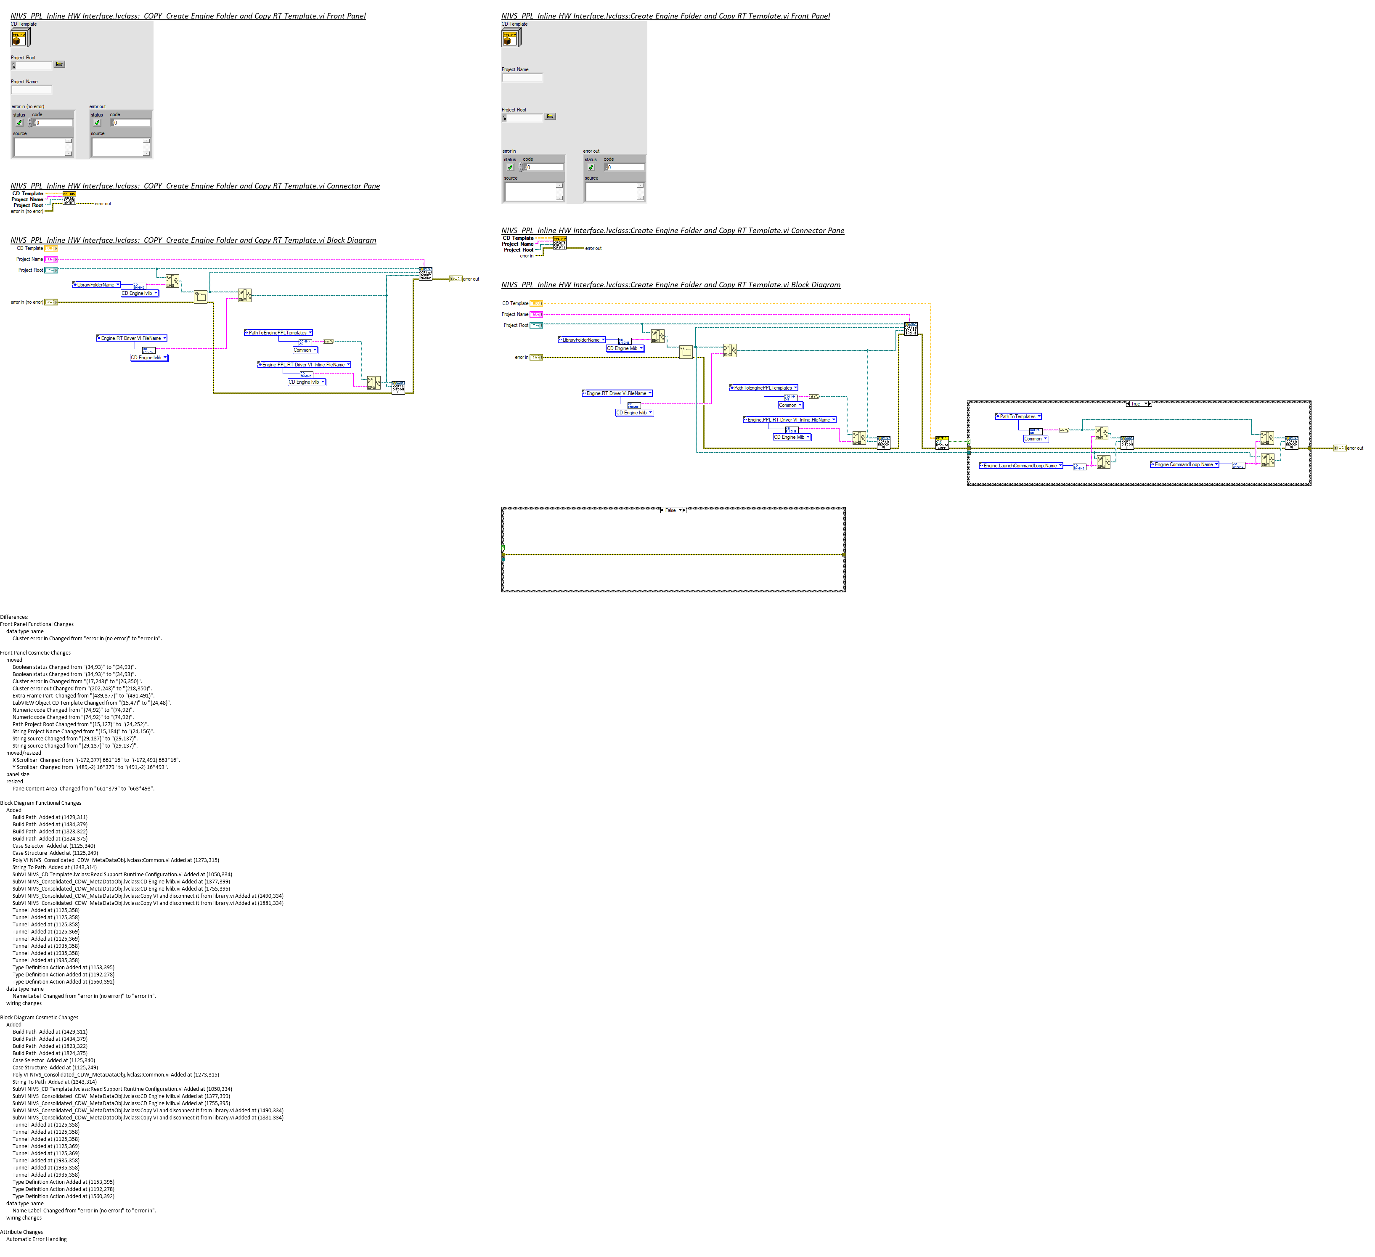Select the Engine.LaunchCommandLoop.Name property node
1020,466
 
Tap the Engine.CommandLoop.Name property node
1184,464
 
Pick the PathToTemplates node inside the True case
1017,416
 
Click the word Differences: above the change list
14,617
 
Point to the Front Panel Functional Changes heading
37,624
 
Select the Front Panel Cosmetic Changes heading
35,653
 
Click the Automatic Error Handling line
37,1239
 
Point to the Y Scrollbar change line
90,767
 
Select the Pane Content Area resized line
83,788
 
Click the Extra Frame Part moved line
83,696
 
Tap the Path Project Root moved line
80,724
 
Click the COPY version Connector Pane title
195,186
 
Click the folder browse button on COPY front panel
59,64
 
